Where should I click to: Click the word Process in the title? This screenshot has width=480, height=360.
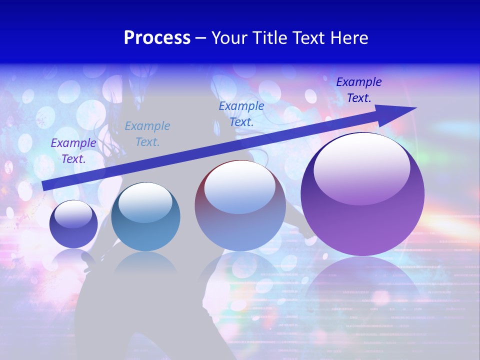pyautogui.click(x=157, y=38)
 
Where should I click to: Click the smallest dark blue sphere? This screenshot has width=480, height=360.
pyautogui.click(x=73, y=224)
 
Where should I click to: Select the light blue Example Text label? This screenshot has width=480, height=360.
pyautogui.click(x=147, y=134)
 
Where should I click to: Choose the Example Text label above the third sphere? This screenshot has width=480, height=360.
pyautogui.click(x=241, y=113)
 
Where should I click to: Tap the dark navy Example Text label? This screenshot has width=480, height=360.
pyautogui.click(x=359, y=90)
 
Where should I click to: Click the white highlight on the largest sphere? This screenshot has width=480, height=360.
pyautogui.click(x=361, y=167)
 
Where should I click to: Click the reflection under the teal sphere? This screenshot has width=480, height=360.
pyautogui.click(x=145, y=262)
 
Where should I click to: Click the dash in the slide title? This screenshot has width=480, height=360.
pyautogui.click(x=201, y=38)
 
